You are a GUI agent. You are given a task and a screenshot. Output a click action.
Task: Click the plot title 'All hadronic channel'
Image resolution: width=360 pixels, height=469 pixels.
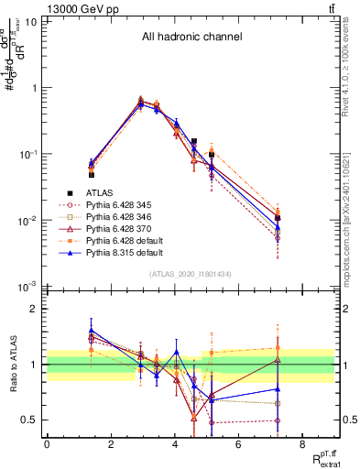tap(191, 38)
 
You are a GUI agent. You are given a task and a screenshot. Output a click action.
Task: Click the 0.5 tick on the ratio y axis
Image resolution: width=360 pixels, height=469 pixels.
tap(30, 420)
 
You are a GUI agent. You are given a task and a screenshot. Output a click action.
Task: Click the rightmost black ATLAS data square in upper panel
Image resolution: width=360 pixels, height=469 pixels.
tap(277, 217)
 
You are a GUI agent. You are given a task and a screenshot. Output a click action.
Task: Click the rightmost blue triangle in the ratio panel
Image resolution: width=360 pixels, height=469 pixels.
tap(277, 388)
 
